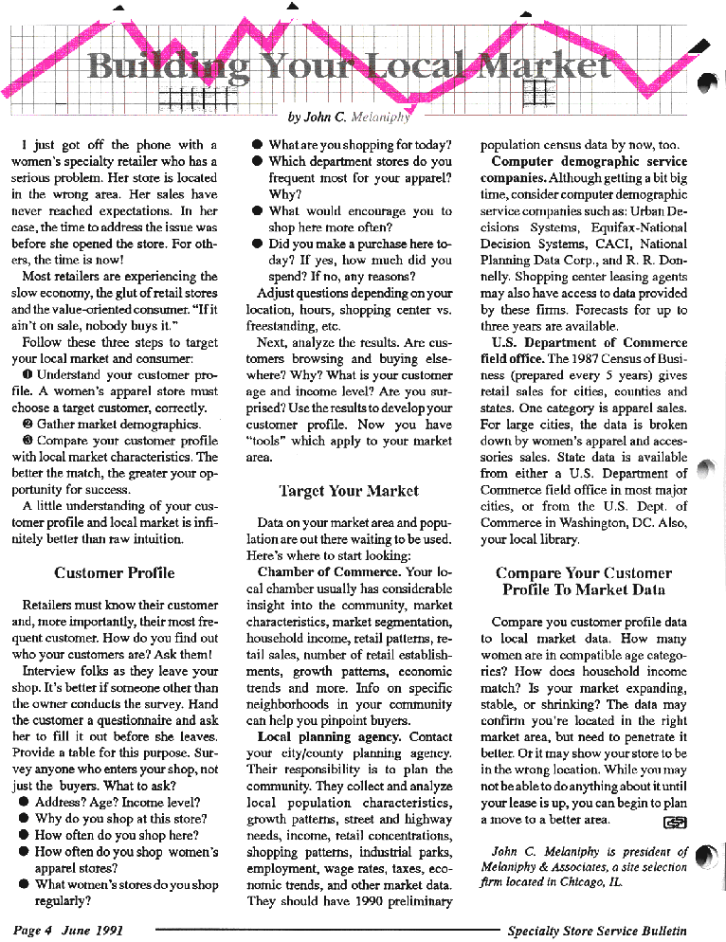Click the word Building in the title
pyautogui.click(x=167, y=66)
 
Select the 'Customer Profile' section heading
pyautogui.click(x=115, y=572)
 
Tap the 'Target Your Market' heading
pyautogui.click(x=349, y=491)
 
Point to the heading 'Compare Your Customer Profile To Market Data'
pyautogui.click(x=584, y=581)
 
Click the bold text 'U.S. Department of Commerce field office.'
pyautogui.click(x=588, y=350)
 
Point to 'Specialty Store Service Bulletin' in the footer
pyautogui.click(x=596, y=931)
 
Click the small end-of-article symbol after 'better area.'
pyautogui.click(x=676, y=821)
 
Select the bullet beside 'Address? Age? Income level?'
pyautogui.click(x=23, y=802)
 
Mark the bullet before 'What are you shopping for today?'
pyautogui.click(x=257, y=146)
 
